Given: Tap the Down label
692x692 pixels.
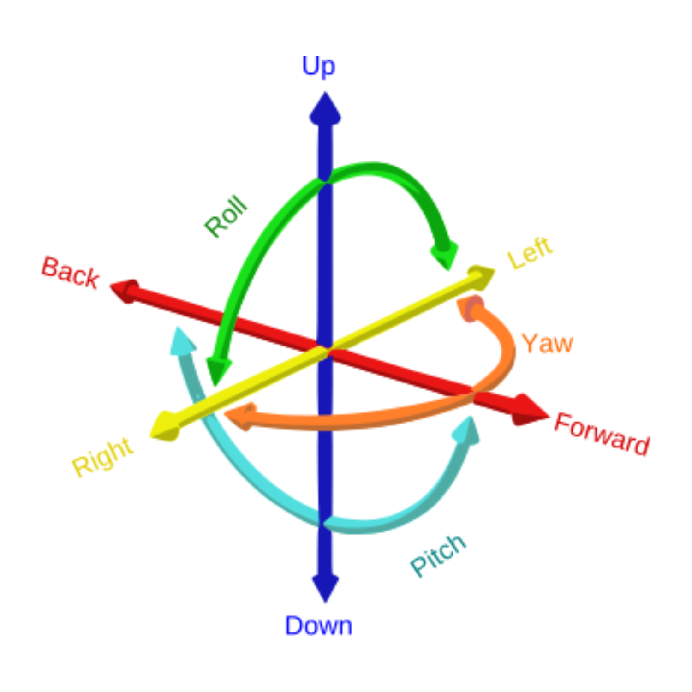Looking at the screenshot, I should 318,626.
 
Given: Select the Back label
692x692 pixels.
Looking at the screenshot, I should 70,273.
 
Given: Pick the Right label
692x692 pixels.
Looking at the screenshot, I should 103,457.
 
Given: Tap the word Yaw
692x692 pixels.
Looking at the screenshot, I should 548,344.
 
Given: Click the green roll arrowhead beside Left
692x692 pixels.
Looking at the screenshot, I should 445,254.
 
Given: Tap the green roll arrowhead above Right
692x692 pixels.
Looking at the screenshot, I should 217,369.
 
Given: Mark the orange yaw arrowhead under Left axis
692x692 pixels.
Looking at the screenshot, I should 470,308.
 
